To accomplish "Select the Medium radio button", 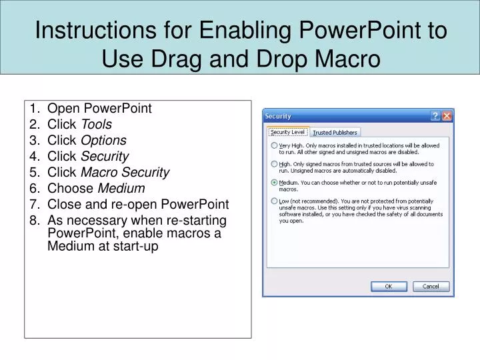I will (x=274, y=181).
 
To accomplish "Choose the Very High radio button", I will (x=274, y=145).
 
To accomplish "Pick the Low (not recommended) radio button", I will (x=274, y=201).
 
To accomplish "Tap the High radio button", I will (x=274, y=163).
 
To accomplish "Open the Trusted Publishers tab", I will (x=335, y=133).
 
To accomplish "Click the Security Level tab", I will (x=287, y=132).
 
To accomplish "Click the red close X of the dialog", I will (x=447, y=116).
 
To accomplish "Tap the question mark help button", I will (x=435, y=116).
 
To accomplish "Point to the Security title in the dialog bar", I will (x=279, y=116).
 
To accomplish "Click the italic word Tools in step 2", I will (x=96, y=125).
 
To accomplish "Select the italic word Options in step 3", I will (x=103, y=141).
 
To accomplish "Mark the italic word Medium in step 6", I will (x=122, y=189).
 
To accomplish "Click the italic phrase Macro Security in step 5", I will (x=125, y=173).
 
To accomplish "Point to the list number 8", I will (x=33, y=221).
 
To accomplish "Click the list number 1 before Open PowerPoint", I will (x=33, y=109).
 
